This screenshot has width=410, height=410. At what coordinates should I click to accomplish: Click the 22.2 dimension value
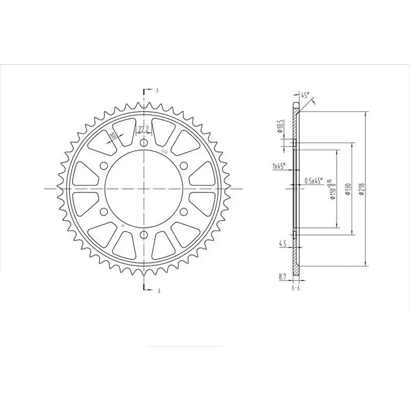[143, 128]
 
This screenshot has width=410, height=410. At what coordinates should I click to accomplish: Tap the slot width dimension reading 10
[113, 136]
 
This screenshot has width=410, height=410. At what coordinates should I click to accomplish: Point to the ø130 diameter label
[348, 189]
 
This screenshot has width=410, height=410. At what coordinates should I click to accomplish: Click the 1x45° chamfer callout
[279, 166]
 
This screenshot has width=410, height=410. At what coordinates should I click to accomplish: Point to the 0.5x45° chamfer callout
[313, 181]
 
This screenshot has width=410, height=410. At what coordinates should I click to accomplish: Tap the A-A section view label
[296, 289]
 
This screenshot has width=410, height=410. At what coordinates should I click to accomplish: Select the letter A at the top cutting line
[157, 90]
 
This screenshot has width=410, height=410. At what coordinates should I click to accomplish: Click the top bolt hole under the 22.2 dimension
[143, 143]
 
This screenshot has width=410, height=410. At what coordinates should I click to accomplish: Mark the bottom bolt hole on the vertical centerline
[143, 234]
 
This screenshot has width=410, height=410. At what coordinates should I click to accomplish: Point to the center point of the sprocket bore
[143, 189]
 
